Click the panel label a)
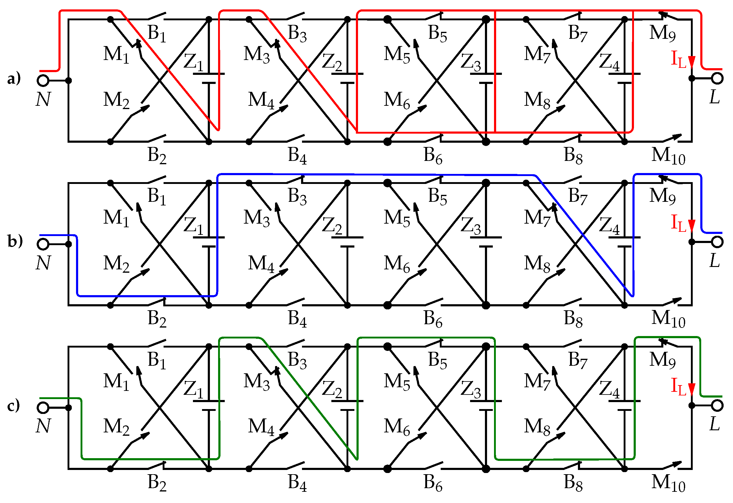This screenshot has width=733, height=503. (x=14, y=78)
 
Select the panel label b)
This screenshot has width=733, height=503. (x=15, y=242)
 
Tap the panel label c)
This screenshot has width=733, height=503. (x=14, y=405)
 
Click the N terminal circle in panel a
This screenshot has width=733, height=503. (x=43, y=81)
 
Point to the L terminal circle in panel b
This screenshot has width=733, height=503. (x=718, y=242)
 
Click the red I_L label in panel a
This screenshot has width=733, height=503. (x=679, y=60)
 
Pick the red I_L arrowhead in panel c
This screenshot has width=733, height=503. (x=692, y=389)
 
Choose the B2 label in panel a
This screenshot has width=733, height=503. (x=157, y=155)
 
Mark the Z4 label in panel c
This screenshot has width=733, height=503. (x=609, y=390)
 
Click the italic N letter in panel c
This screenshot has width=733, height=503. (x=43, y=426)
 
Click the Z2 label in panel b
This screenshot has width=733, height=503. (x=332, y=226)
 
